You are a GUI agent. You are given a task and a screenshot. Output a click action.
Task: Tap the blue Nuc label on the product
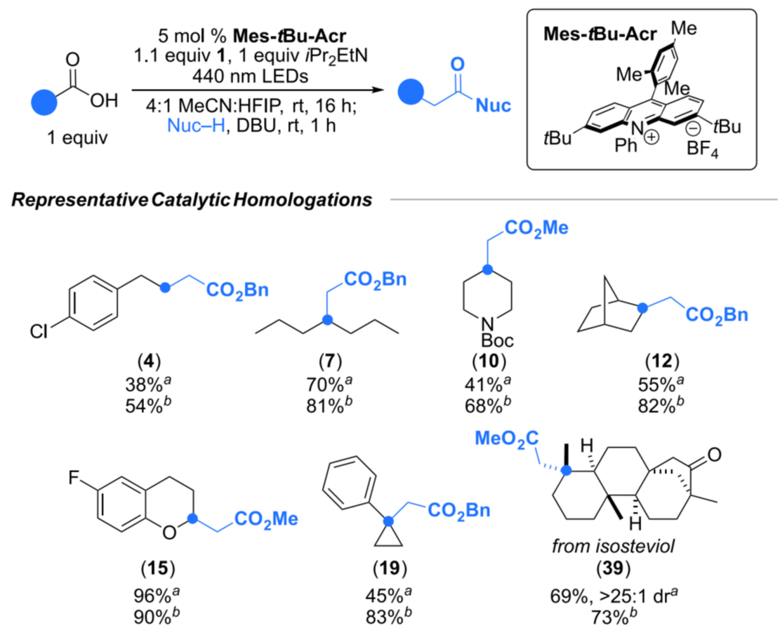point(492,107)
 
